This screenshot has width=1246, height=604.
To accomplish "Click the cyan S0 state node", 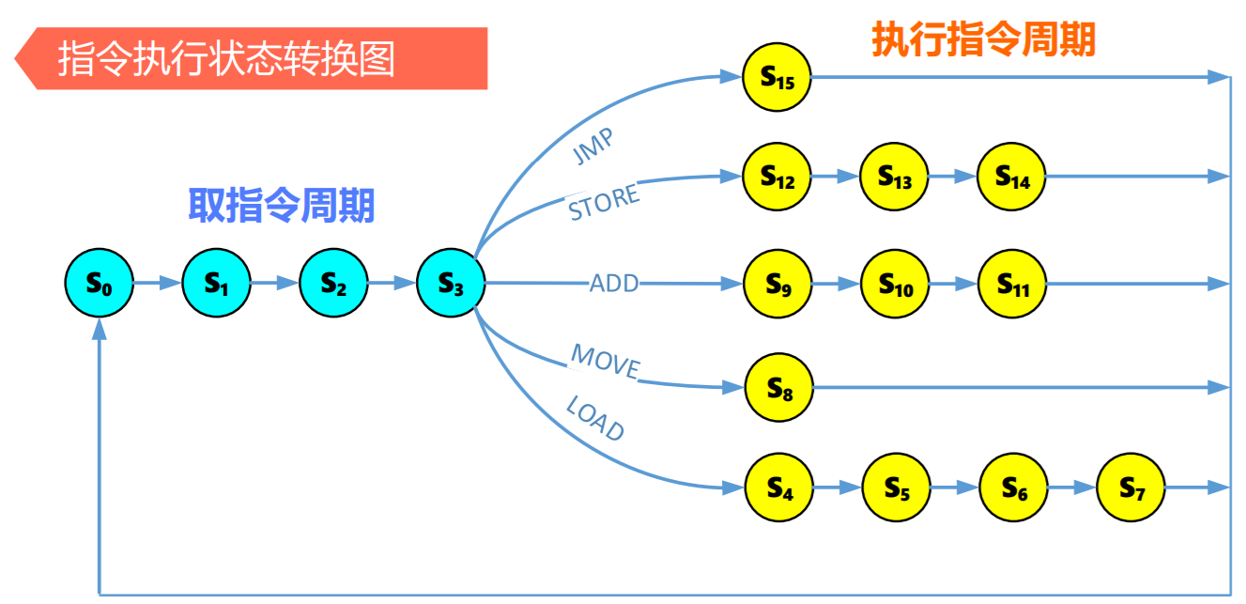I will [x=100, y=283].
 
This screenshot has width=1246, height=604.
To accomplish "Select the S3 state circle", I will [x=451, y=283].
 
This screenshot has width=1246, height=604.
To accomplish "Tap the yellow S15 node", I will [x=777, y=78].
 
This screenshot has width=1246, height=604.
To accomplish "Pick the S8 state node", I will [x=779, y=387].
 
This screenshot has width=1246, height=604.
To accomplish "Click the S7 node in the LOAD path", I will [x=1131, y=488].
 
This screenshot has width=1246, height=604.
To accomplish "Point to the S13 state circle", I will [x=894, y=176].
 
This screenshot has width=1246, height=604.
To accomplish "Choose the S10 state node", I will [x=896, y=284].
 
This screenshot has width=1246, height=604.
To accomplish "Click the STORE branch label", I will [x=604, y=203].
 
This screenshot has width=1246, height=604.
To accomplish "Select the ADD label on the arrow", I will [x=614, y=283].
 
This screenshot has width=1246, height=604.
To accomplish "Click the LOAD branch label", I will [x=595, y=418].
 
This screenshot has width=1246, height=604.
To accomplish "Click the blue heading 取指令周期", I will [x=282, y=205].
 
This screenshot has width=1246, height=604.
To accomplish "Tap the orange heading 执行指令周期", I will [x=984, y=39].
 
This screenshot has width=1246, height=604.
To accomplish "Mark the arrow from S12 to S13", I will [x=836, y=176].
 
